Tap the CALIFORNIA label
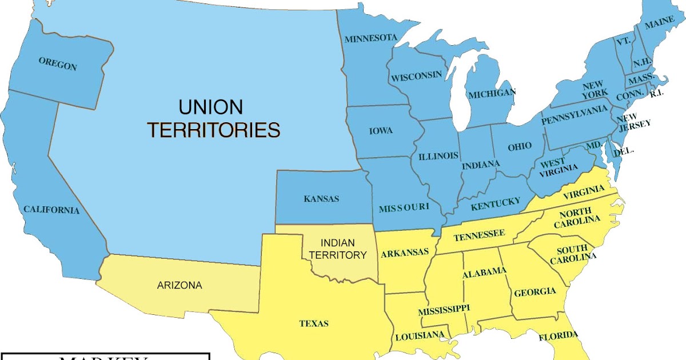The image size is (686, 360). (x=51, y=210)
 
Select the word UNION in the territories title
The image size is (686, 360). (x=210, y=107)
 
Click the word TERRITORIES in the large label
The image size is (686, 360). (x=214, y=130)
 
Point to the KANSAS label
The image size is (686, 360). (x=321, y=199)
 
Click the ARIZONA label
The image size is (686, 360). (x=180, y=285)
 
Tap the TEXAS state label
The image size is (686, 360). (x=314, y=323)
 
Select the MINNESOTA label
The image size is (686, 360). (x=370, y=38)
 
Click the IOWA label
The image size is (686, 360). (x=381, y=131)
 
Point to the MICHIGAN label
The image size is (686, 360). (x=492, y=93)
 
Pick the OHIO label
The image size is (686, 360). (x=520, y=147)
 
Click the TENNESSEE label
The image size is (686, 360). (x=479, y=234)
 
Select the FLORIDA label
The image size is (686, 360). (x=558, y=335)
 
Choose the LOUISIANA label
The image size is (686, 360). (x=420, y=334)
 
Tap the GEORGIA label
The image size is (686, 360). (x=535, y=293)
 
